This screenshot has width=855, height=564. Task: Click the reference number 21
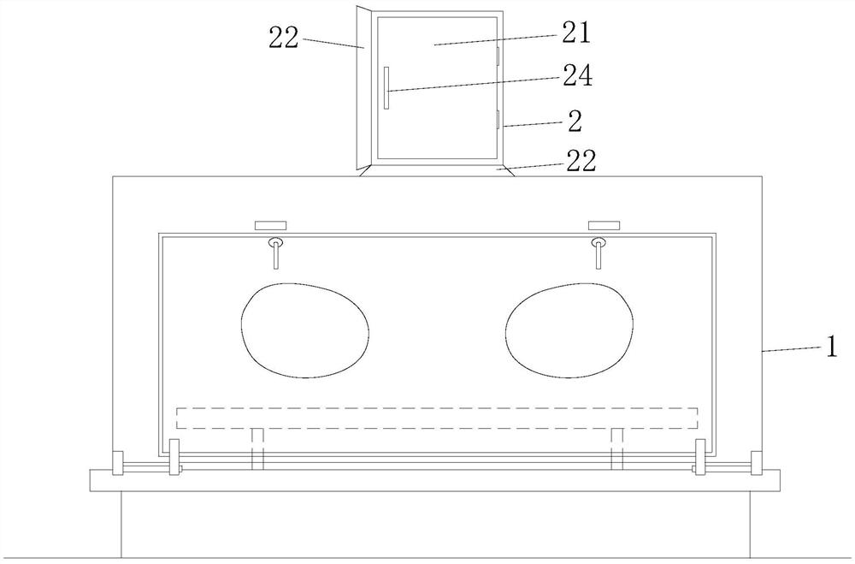point(575,33)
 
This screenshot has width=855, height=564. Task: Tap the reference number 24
point(577,75)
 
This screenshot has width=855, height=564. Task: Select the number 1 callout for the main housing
point(831,347)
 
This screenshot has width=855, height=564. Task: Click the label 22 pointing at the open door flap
point(284,39)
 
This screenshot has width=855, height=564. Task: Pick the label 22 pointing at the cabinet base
point(581,162)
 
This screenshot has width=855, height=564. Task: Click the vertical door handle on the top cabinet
point(386,88)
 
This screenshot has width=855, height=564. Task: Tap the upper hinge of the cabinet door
point(498,55)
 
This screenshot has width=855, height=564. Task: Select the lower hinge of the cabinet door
point(498,119)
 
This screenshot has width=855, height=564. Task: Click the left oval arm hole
point(305,330)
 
